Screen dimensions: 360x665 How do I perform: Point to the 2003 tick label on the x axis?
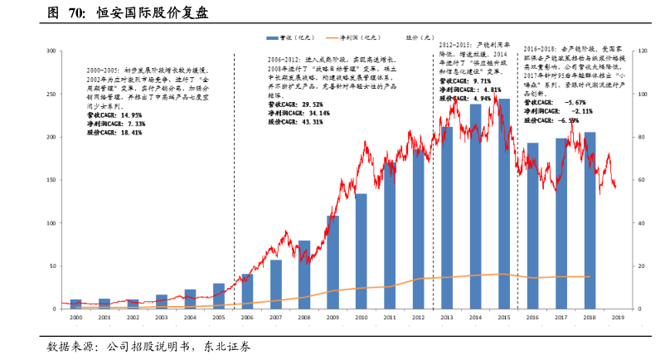coord(162,318)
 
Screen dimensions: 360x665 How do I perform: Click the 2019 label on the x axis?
coord(618,318)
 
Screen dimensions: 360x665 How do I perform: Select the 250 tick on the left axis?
coord(51,94)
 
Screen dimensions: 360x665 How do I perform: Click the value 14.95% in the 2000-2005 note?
coord(131,115)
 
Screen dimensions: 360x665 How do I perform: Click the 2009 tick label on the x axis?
coord(332,318)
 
